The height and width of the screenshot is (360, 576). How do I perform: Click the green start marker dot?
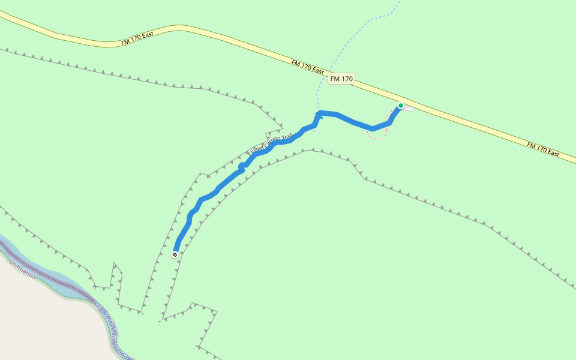(401, 106)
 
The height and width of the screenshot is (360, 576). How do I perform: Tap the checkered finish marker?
(175, 254)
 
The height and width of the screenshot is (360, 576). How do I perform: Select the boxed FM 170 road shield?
(341, 79)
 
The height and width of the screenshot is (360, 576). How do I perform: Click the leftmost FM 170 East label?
(137, 37)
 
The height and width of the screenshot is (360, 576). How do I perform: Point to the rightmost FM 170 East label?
(543, 149)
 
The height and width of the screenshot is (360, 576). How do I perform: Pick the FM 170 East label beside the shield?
(308, 67)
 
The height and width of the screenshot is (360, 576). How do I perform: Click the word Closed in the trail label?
(256, 151)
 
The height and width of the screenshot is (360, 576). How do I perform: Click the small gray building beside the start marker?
(408, 108)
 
